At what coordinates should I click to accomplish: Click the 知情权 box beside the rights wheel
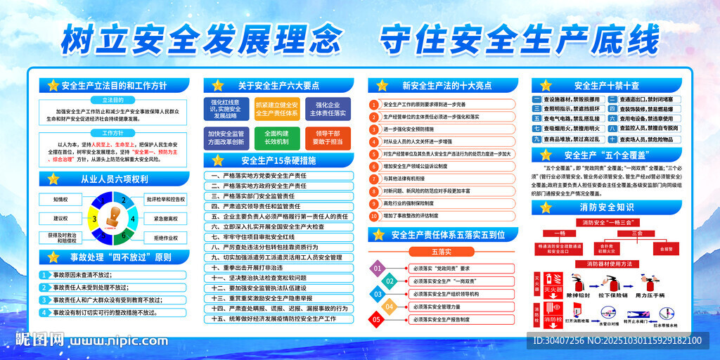click(60, 200)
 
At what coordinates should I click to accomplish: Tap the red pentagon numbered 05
click(378, 320)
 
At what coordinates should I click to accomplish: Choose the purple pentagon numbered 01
click(378, 268)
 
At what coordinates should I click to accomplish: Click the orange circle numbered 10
click(375, 215)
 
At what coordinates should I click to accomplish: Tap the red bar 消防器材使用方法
click(607, 264)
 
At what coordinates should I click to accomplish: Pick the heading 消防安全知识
click(606, 207)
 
